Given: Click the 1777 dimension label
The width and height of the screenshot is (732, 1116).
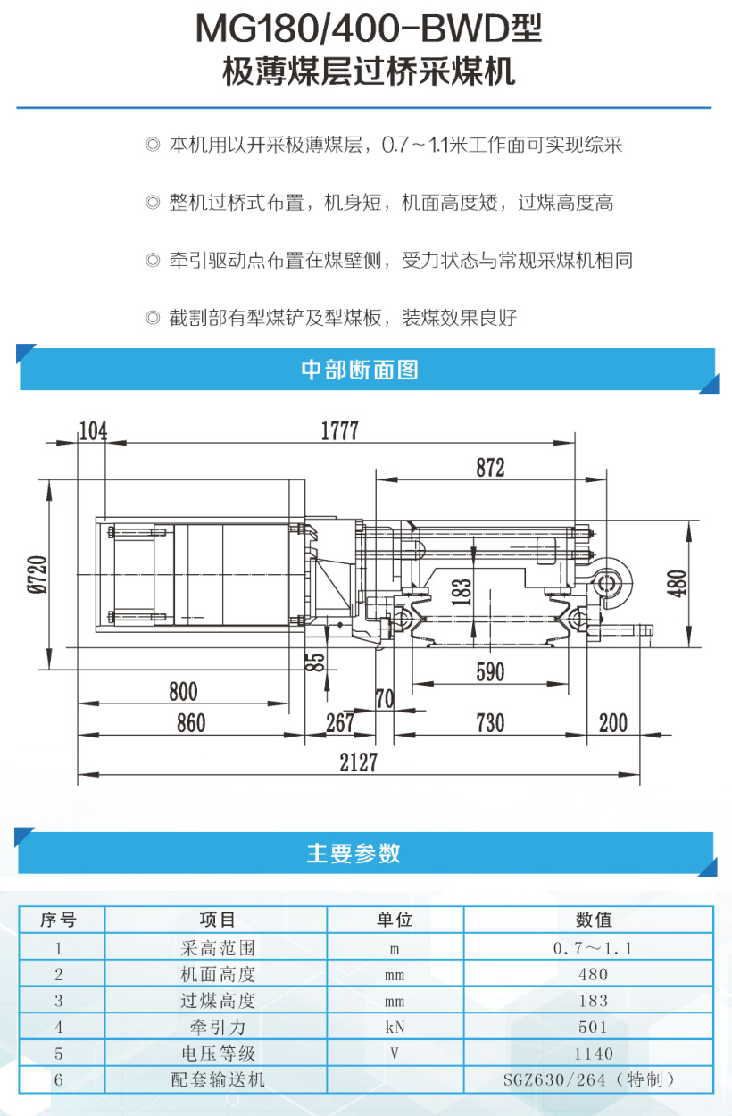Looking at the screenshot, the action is click(339, 430).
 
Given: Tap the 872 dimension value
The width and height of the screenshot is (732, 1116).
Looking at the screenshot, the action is click(490, 468).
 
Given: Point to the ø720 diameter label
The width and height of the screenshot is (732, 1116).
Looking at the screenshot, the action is click(37, 574).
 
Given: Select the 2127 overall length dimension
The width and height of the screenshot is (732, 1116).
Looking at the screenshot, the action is click(358, 762).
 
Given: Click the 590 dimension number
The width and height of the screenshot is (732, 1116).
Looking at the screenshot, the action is click(490, 672).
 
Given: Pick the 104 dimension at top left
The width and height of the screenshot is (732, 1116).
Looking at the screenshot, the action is click(93, 430).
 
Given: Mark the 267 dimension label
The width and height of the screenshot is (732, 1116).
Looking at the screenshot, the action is click(340, 723).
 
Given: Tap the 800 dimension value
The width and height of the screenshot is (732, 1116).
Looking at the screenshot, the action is click(183, 692).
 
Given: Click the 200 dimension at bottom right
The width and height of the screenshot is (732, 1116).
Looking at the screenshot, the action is click(613, 723).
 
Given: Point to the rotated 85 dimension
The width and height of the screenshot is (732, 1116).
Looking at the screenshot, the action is click(315, 662).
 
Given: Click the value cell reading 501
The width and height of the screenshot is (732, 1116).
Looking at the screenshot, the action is click(593, 1027).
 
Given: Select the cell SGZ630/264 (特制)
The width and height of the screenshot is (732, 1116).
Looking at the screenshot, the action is click(589, 1079).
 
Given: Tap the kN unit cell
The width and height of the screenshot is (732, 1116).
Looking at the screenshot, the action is click(395, 1027).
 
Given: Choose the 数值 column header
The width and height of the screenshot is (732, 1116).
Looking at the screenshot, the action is click(594, 919).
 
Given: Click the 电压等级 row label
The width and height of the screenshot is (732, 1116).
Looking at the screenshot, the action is click(218, 1054).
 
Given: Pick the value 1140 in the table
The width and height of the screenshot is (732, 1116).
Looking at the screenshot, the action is click(593, 1054).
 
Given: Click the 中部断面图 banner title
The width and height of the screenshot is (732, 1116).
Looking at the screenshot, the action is click(360, 370).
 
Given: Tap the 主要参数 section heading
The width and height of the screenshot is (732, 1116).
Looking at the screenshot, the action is click(354, 853).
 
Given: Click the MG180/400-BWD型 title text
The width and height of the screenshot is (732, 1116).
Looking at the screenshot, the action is click(369, 29).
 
